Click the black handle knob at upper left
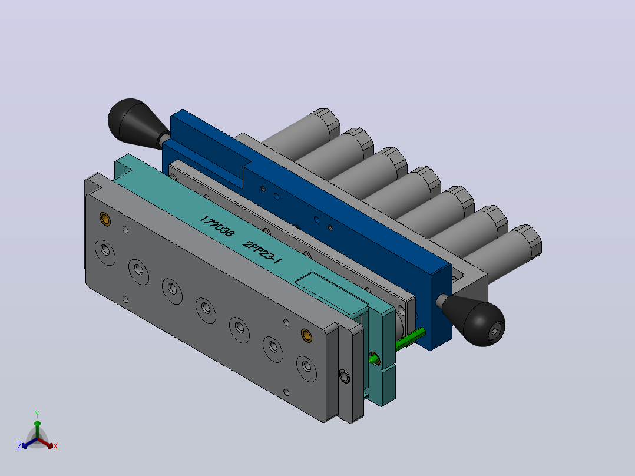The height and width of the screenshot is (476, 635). (133, 121)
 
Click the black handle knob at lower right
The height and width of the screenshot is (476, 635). (478, 320)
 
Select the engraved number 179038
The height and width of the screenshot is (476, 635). (217, 227)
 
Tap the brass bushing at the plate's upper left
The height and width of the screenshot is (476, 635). (105, 219)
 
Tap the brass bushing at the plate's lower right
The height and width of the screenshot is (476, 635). (306, 335)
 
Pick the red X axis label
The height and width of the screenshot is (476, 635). (55, 446)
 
